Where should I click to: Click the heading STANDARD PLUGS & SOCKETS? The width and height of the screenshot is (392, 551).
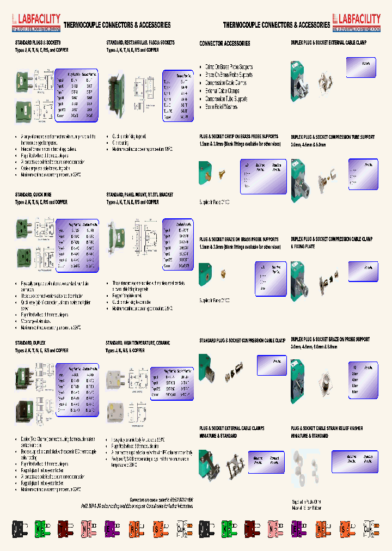coord(38,42)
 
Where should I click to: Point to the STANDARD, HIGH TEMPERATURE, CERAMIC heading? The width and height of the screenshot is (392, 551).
coord(138,344)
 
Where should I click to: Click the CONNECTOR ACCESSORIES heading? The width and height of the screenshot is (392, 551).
coord(225,44)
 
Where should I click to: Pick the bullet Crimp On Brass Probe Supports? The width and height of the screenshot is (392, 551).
coord(229,67)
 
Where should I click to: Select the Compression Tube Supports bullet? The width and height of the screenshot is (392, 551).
coord(226,99)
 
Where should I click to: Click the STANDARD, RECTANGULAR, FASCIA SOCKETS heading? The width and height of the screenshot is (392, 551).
coord(140,42)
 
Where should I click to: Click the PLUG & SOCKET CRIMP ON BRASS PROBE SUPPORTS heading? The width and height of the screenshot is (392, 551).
coord(238,137)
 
